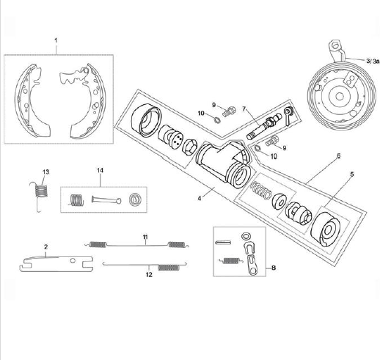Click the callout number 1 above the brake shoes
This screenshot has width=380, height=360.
click(x=55, y=37)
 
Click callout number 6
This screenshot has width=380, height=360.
click(x=338, y=156)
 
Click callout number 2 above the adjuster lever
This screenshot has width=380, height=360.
click(x=45, y=247)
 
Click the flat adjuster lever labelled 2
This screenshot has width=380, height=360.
click(x=55, y=260)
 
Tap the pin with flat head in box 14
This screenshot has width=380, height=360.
click(x=106, y=199)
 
